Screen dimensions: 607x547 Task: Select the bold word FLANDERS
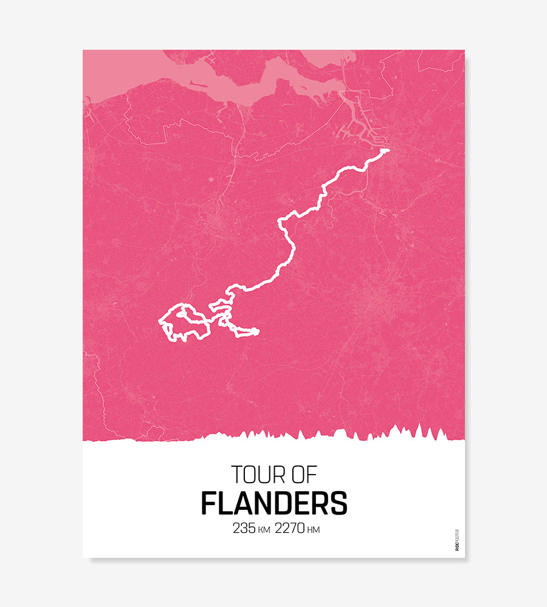274,503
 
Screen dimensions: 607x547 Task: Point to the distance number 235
244,528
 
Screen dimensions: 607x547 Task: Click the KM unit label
264,530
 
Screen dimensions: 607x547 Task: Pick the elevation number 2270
290,528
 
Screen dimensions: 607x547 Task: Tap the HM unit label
314,530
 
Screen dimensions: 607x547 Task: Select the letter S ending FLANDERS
339,503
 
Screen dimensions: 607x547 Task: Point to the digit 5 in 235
251,528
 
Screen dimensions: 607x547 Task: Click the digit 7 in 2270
294,528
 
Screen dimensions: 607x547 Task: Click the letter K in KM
261,530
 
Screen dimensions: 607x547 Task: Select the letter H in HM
310,530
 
